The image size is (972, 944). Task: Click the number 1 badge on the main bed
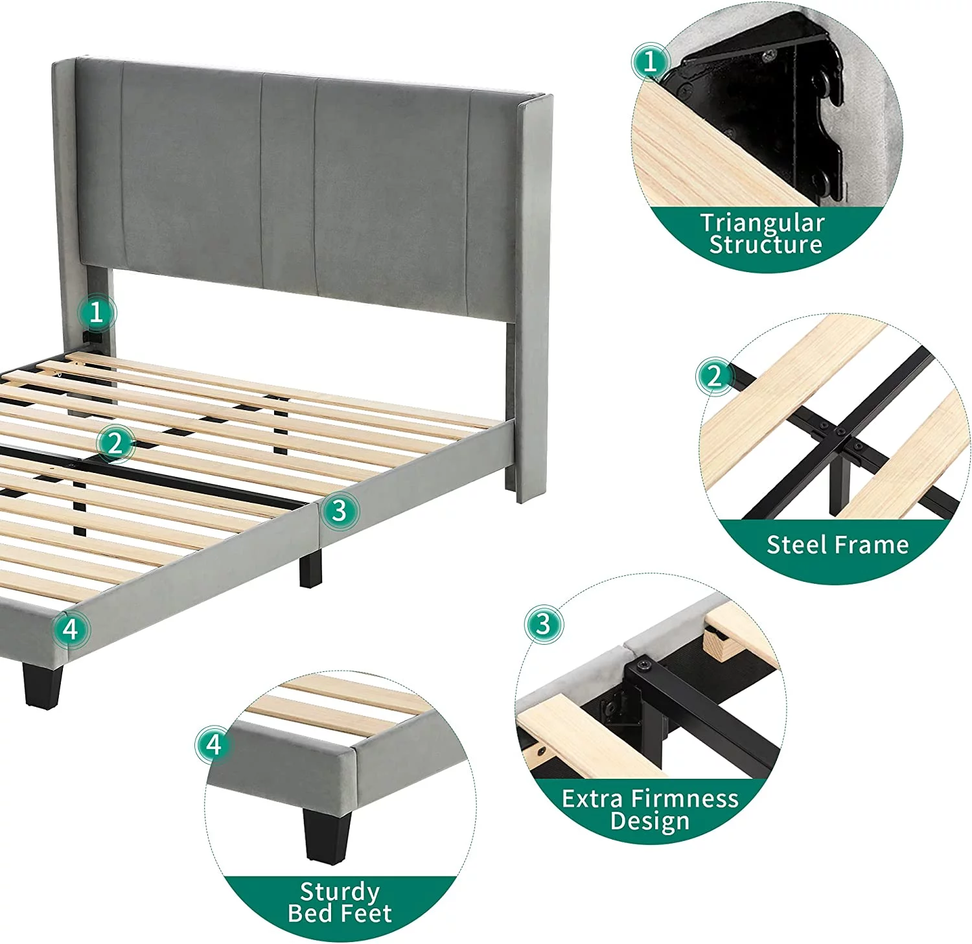pyautogui.click(x=97, y=313)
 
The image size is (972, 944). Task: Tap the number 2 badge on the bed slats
pyautogui.click(x=115, y=444)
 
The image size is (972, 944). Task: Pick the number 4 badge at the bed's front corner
pyautogui.click(x=71, y=629)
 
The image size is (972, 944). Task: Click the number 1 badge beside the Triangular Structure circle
pyautogui.click(x=650, y=62)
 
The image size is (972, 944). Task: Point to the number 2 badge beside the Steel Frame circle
pyautogui.click(x=714, y=376)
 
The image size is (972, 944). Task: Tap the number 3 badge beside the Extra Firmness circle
pyautogui.click(x=543, y=625)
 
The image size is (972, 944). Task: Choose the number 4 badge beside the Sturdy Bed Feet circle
pyautogui.click(x=214, y=745)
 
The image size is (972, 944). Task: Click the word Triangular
pyautogui.click(x=763, y=224)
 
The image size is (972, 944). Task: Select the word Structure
pyautogui.click(x=766, y=244)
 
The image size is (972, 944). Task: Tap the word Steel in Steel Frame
pyautogui.click(x=795, y=544)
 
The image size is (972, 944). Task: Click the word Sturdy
pyautogui.click(x=340, y=893)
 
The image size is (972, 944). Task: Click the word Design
pyautogui.click(x=650, y=821)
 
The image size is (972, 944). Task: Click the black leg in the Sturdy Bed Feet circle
pyautogui.click(x=326, y=835)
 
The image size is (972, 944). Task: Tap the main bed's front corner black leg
pyautogui.click(x=43, y=684)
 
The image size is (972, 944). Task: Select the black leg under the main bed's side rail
pyautogui.click(x=310, y=568)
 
